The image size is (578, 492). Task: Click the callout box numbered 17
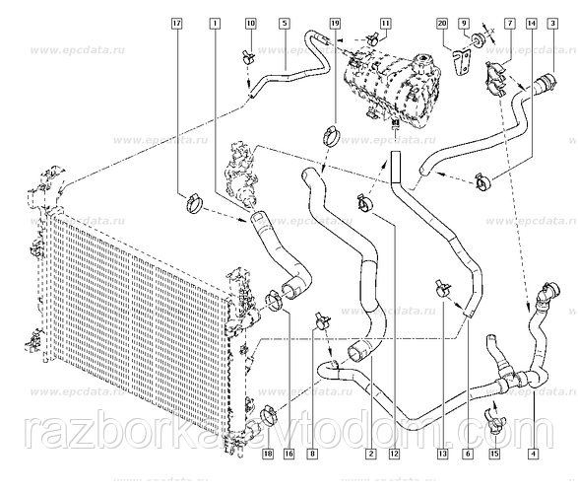176,21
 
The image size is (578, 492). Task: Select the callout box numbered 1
216,21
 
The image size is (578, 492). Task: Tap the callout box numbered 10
249,21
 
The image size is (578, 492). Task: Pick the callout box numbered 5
284,21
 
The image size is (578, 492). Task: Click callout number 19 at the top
335,21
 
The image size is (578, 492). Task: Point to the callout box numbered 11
385,21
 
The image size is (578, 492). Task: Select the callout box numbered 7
509,21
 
